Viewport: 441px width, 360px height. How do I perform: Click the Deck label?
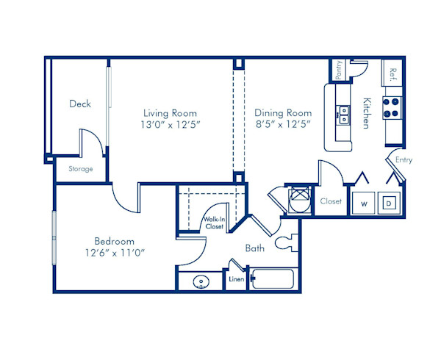(80, 104)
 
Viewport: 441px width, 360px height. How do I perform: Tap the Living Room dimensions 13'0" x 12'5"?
(170, 125)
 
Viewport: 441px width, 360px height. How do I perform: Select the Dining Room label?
(283, 113)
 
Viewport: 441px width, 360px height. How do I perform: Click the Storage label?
(81, 169)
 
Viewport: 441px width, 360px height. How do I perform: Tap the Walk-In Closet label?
(214, 223)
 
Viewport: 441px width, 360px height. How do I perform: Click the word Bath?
(255, 248)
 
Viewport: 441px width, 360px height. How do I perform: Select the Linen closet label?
(236, 280)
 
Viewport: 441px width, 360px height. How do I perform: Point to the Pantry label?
(339, 71)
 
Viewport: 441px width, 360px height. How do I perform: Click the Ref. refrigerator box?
(392, 73)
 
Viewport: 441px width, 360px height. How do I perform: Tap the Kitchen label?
(366, 113)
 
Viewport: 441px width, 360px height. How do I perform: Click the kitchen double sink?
(343, 113)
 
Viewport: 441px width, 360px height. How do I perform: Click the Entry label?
(404, 159)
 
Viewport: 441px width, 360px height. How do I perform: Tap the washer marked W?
(363, 202)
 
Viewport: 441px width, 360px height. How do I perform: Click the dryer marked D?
(390, 202)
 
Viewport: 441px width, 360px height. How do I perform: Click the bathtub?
(272, 280)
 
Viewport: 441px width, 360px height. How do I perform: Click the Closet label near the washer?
(331, 201)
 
